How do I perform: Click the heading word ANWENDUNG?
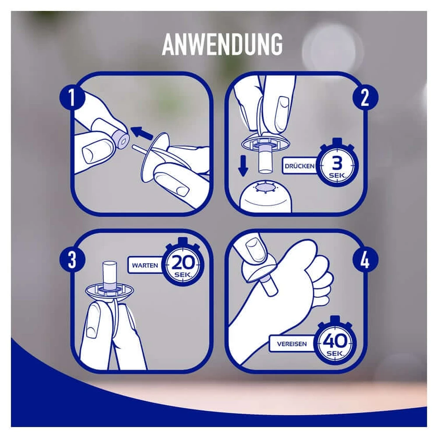pyautogui.click(x=222, y=44)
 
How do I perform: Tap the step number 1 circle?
pyautogui.click(x=72, y=97)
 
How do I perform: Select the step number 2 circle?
pyautogui.click(x=365, y=97)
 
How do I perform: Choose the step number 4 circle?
pyautogui.click(x=365, y=260)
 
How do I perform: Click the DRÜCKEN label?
pyautogui.click(x=300, y=166)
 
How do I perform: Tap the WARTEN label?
pyautogui.click(x=145, y=265)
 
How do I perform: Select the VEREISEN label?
pyautogui.click(x=292, y=344)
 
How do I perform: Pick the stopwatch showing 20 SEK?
pyautogui.click(x=183, y=263)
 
